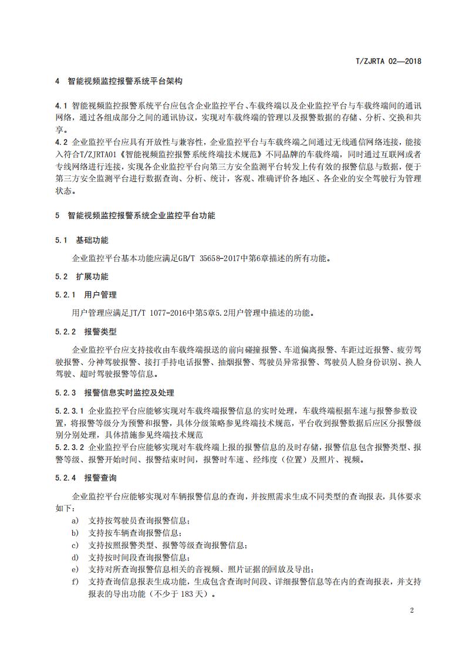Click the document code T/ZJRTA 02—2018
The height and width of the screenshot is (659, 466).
coord(389,60)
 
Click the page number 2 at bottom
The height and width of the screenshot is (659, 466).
coord(412,610)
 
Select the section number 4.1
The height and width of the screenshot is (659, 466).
coord(61,106)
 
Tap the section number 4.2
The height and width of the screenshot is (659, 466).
coord(61,142)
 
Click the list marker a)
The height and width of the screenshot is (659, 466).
coord(75,521)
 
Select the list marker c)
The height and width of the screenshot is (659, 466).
coord(75,545)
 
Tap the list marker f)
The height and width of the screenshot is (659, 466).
coord(75,582)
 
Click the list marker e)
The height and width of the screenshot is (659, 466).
coord(75,569)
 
